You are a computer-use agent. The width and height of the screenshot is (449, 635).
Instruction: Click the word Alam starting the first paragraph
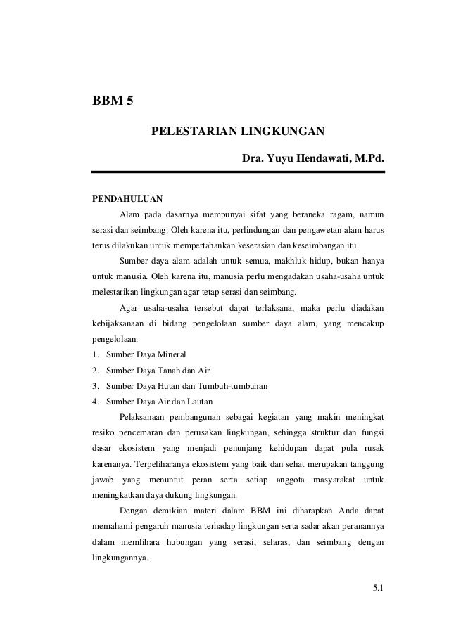coord(131,214)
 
